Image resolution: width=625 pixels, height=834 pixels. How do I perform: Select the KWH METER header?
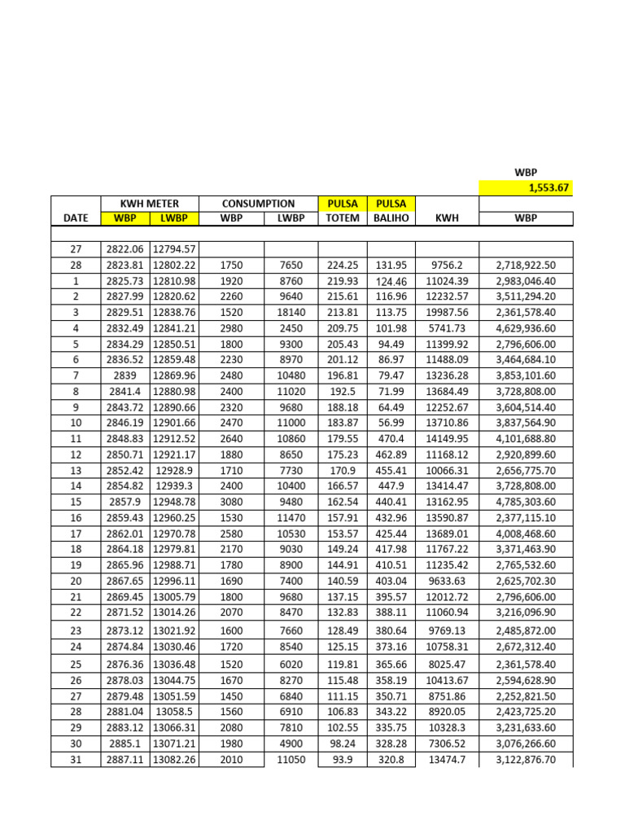[149, 203]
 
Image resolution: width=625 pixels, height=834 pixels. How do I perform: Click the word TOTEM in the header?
[342, 218]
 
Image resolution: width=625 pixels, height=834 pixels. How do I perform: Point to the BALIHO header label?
[391, 218]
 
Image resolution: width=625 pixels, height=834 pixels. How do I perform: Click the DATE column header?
[75, 218]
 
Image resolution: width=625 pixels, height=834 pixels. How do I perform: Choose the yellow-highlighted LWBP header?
[174, 218]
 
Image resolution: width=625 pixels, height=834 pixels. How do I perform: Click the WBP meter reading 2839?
[125, 375]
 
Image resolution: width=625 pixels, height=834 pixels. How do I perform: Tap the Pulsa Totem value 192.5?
[342, 391]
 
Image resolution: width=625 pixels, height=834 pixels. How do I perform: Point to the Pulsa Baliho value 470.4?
[391, 438]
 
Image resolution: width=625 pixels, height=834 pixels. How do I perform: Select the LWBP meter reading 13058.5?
[174, 711]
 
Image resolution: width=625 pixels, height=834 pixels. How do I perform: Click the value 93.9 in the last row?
[342, 760]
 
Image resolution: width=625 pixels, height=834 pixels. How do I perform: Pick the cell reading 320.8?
[391, 760]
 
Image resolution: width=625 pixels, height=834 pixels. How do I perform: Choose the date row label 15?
[76, 502]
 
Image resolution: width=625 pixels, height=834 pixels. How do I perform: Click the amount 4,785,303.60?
[526, 502]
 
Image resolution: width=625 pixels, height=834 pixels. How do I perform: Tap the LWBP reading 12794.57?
[174, 249]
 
